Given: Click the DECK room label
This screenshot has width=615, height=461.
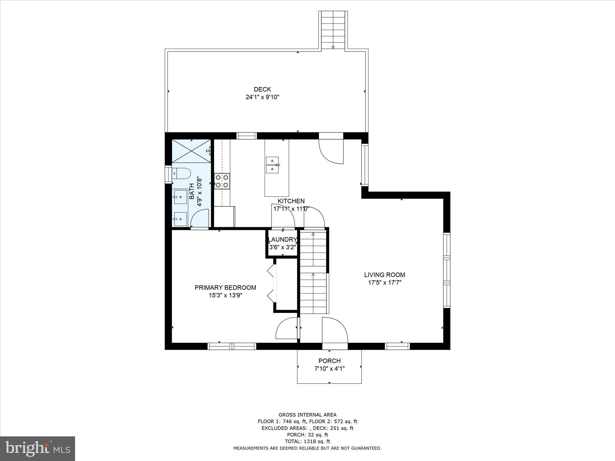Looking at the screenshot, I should tap(262, 89).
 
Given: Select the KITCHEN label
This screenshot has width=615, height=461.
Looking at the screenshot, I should tap(291, 201).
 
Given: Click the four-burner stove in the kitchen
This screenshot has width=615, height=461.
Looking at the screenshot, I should tap(222, 181).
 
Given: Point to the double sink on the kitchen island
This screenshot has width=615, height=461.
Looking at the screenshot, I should tap(272, 165).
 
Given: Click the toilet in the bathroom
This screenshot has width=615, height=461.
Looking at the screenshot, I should tap(182, 173).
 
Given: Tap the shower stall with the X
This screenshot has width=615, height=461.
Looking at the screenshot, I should tap(190, 151).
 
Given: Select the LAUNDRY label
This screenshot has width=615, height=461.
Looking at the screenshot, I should tap(282, 240).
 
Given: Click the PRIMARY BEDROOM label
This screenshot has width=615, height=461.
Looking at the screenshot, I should tap(225, 288).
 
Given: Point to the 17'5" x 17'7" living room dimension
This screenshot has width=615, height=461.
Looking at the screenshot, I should tap(384, 282).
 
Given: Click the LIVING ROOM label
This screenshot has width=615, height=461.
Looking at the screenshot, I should tap(384, 275).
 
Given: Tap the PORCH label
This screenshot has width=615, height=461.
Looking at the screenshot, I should tap(329, 361).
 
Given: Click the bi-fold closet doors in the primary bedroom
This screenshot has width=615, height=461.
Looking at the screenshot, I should tap(271, 283).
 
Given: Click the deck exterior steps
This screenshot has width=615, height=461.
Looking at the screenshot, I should tap(333, 30).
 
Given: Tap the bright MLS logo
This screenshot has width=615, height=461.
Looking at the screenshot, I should tap(38, 448).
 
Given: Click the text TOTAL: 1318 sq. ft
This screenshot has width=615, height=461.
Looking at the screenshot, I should tap(307, 441).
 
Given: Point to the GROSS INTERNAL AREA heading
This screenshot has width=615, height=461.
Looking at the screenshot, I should tap(307, 415).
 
